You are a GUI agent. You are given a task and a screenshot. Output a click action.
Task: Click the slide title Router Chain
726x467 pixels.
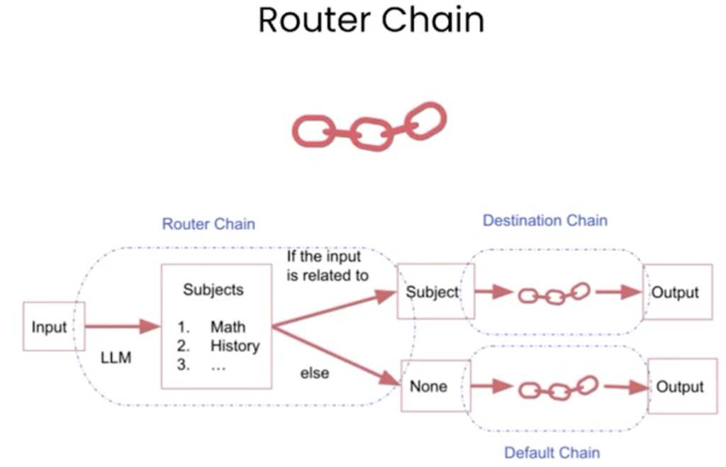click(371, 20)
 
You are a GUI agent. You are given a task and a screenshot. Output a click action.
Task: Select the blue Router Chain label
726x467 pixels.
click(208, 224)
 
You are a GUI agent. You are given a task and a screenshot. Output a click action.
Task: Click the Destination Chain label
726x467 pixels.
click(544, 221)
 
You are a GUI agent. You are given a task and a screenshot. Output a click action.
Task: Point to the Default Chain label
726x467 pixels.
click(552, 452)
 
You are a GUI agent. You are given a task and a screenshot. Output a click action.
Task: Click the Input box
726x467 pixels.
click(50, 327)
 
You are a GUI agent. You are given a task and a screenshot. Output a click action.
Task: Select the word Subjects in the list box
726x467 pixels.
click(213, 290)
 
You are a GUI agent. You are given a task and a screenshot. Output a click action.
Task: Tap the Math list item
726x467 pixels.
click(228, 327)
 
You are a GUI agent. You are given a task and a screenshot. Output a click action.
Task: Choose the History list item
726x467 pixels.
click(235, 346)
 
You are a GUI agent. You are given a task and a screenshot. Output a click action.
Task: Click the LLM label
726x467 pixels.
click(116, 358)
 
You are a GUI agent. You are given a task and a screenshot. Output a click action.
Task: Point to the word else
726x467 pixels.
click(314, 373)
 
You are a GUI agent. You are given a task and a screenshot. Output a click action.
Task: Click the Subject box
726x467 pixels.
click(432, 292)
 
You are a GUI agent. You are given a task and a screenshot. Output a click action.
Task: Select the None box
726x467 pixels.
click(428, 387)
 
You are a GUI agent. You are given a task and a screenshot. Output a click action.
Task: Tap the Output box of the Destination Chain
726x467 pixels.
click(676, 292)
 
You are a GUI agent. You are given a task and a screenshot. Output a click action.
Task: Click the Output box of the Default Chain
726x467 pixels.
click(680, 387)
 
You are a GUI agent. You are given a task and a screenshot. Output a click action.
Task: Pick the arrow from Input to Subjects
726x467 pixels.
click(123, 327)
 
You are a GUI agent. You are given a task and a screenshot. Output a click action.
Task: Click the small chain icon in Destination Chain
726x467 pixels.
click(554, 293)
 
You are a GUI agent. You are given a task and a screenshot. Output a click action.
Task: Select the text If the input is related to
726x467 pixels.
click(328, 265)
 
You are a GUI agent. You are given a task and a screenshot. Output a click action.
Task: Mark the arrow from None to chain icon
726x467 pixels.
click(491, 387)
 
